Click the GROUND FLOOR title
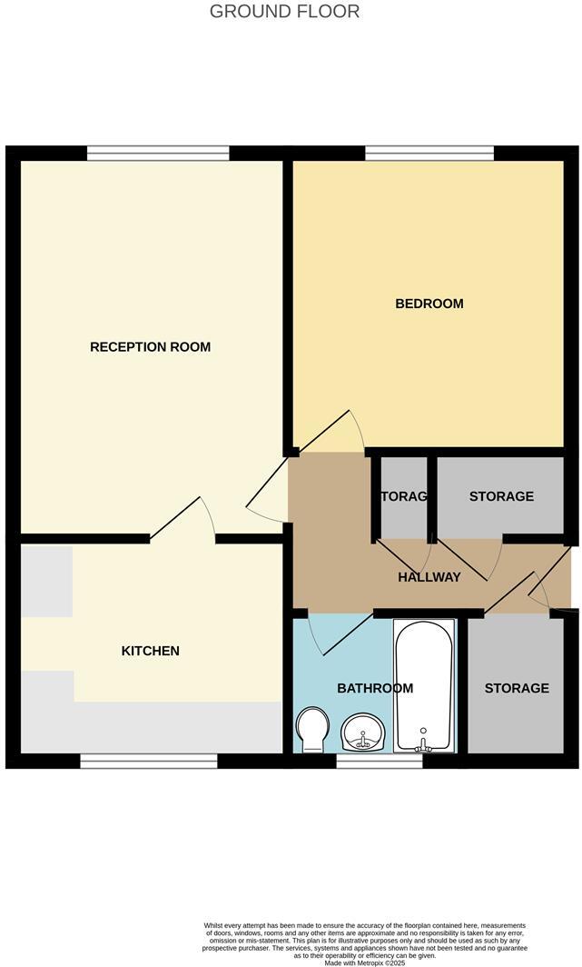click(x=284, y=12)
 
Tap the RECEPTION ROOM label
click(x=150, y=347)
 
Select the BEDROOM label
click(x=429, y=304)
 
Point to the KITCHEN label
click(x=151, y=651)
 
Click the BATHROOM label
click(x=375, y=688)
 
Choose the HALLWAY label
click(x=429, y=577)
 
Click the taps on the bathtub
click(x=422, y=743)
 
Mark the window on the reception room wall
click(x=158, y=153)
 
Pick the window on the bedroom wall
click(x=429, y=153)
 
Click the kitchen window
click(x=148, y=761)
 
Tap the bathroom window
click(x=379, y=762)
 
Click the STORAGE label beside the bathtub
click(x=516, y=688)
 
